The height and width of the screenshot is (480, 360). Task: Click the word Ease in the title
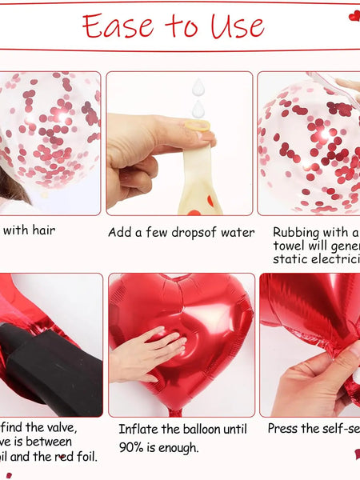point(119,26)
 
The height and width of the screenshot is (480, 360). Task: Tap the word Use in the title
point(238,26)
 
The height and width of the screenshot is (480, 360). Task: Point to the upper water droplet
point(198,87)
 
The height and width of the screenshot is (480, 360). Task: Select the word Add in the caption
point(120,233)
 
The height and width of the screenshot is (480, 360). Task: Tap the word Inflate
point(138,430)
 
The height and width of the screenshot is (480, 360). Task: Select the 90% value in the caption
point(132,447)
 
